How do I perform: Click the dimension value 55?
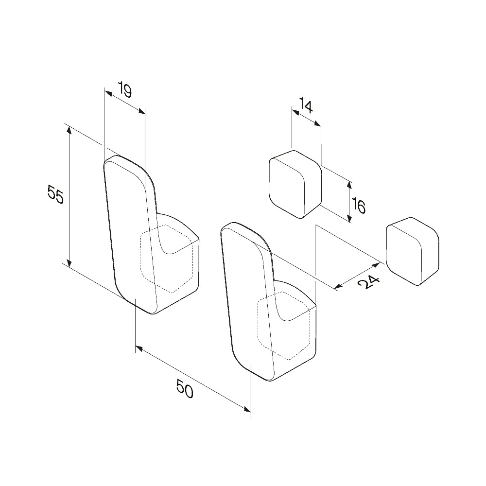56,194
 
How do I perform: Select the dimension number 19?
125,90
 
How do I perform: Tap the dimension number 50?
185,389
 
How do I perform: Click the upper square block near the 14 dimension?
295,184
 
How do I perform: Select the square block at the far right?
412,251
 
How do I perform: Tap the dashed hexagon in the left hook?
167,259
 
